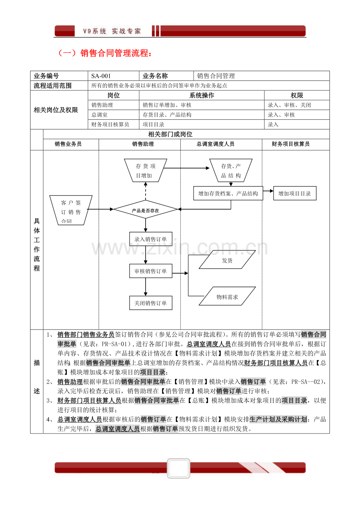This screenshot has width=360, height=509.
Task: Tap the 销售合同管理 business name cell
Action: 261,76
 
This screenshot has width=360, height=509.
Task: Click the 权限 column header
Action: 297,95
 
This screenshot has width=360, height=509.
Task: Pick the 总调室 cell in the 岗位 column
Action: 113,115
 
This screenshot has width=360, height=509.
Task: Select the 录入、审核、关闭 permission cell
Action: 297,105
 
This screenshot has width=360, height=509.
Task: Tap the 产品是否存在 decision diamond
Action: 146,210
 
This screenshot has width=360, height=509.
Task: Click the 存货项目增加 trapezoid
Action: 146,170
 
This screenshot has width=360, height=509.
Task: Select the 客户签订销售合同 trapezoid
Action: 71,210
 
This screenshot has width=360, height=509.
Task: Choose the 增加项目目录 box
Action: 294,193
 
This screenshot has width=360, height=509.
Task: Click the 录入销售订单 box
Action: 151,239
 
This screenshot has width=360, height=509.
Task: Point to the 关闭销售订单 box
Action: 151,303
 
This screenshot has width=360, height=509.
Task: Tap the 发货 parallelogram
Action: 227,260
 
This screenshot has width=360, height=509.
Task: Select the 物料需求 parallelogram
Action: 227,297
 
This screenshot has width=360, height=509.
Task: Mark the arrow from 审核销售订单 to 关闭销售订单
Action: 146,287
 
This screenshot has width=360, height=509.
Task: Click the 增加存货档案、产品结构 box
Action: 228,193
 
